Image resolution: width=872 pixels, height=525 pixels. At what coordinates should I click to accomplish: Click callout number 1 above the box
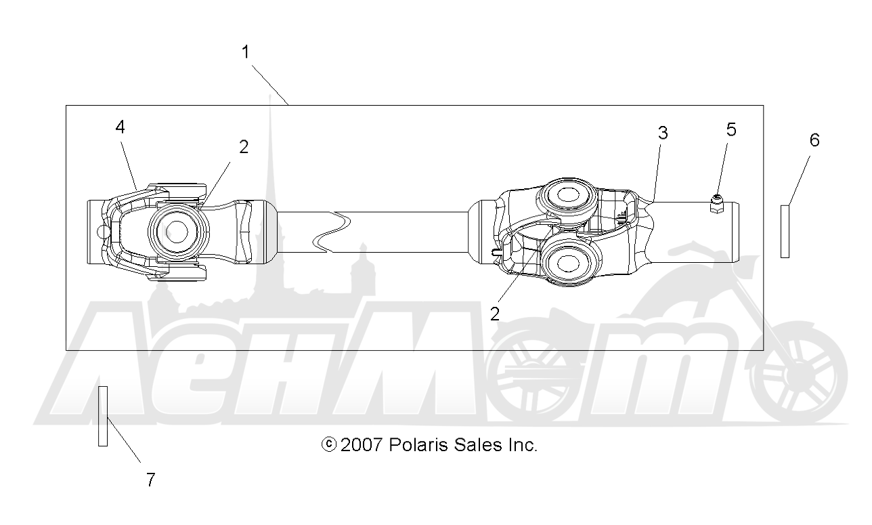click(x=245, y=51)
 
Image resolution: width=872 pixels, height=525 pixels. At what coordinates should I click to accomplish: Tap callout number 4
click(x=120, y=127)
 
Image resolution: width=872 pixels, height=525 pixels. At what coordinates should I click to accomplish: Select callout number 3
click(x=663, y=133)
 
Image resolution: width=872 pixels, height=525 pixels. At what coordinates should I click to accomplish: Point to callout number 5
click(x=731, y=129)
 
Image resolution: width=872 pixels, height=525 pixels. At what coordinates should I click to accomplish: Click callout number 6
click(x=814, y=140)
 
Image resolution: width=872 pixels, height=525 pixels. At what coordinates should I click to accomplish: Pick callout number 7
click(x=151, y=480)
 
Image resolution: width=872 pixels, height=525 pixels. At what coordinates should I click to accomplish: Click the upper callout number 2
click(x=244, y=147)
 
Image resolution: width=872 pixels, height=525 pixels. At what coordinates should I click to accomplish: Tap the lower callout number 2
click(x=495, y=314)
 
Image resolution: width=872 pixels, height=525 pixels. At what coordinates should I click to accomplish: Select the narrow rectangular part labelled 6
click(x=785, y=232)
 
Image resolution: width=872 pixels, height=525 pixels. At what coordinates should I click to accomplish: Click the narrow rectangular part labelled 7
click(x=103, y=416)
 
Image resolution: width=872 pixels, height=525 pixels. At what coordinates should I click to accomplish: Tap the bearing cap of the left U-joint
click(x=177, y=232)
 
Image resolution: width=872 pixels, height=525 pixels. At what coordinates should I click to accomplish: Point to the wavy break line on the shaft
click(x=332, y=232)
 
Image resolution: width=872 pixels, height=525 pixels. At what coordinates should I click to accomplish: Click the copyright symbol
click(x=328, y=444)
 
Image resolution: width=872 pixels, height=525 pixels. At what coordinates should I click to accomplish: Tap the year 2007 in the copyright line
click(x=361, y=445)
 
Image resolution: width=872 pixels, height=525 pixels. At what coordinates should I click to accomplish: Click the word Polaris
click(x=418, y=445)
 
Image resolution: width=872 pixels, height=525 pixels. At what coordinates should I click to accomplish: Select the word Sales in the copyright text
click(x=478, y=445)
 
